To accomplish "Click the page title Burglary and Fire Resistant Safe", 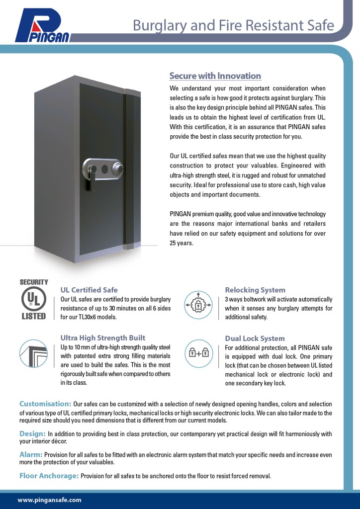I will click(x=233, y=25).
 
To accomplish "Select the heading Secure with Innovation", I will click(x=215, y=76).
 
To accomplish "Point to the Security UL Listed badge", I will click(x=33, y=299).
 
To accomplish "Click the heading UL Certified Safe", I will click(x=89, y=290).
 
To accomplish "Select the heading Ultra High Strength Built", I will click(x=103, y=338).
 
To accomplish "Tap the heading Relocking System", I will click(x=255, y=290).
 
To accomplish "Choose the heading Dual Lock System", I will click(x=255, y=339).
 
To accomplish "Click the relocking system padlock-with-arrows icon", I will click(x=198, y=304).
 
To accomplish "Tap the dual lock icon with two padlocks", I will click(x=198, y=353).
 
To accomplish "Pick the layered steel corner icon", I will click(x=33, y=353).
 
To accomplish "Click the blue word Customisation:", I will click(x=45, y=404).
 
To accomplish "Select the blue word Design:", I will click(x=32, y=434).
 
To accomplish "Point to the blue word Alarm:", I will click(x=31, y=455).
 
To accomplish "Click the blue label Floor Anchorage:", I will click(x=49, y=476).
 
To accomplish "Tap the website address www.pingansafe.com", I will click(x=49, y=500).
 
